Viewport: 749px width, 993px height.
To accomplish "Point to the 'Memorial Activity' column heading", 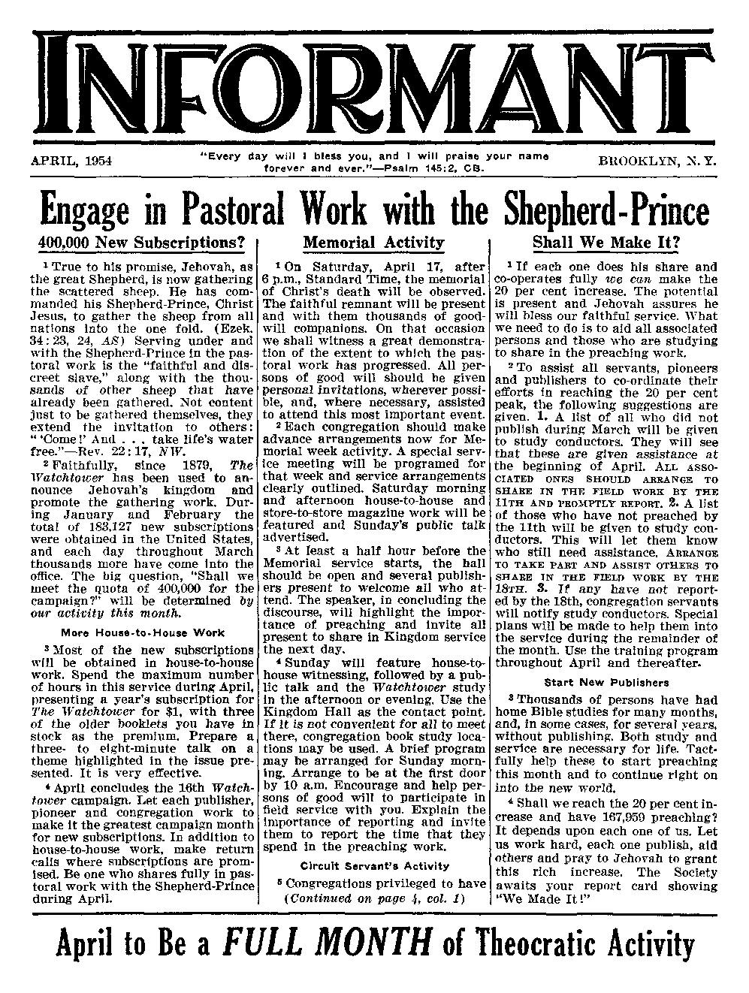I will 373,243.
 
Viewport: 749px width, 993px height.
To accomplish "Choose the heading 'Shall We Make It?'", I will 606,243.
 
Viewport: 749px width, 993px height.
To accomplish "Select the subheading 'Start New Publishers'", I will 606,682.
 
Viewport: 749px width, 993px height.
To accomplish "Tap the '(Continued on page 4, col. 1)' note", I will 375,898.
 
